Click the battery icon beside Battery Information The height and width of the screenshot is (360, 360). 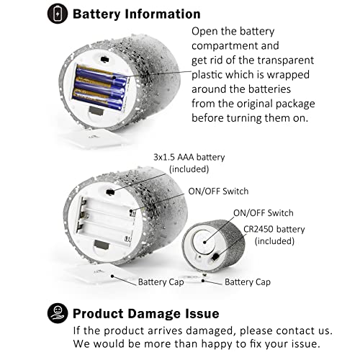pos(58,14)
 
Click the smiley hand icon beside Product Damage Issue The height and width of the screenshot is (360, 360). pos(58,313)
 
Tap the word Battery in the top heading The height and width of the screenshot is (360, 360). pos(96,14)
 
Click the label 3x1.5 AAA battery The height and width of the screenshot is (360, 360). pos(189,157)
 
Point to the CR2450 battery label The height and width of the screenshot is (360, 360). pos(274,229)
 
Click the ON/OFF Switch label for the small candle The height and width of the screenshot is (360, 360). pos(264,213)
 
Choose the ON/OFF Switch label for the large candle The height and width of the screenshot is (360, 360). pos(218,192)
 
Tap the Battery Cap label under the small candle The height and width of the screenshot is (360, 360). pos(248,282)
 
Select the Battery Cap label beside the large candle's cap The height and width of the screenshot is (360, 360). pos(161,282)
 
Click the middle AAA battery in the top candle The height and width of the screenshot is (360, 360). pos(99,86)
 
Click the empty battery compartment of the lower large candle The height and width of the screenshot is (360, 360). pos(106,221)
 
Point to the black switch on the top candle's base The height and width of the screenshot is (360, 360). pos(104,59)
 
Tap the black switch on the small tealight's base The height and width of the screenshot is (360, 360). pos(215,257)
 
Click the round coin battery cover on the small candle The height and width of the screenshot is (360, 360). pos(203,241)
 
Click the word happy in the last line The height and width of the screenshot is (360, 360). pos(217,344)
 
